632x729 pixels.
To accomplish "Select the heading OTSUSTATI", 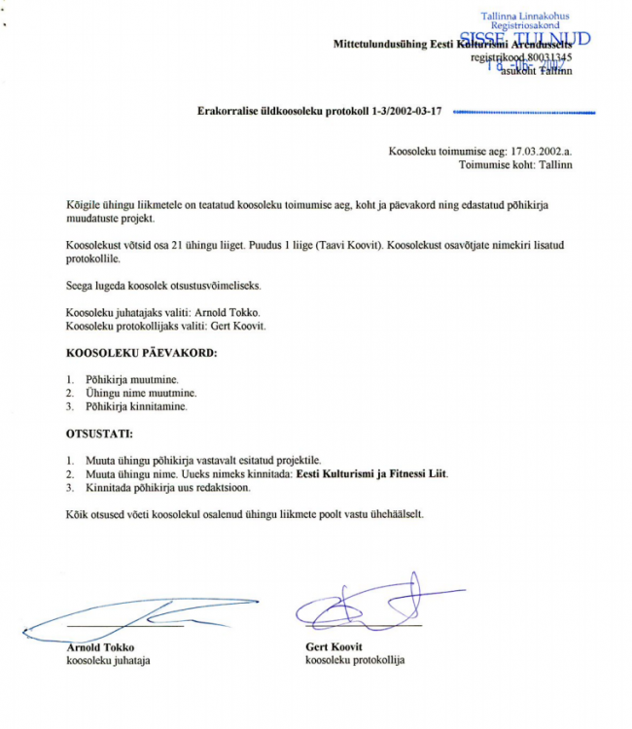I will [99, 434].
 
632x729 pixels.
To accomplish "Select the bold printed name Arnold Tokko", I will [100, 647].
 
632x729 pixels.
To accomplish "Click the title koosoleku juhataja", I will [108, 661].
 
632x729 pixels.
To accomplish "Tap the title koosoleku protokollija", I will [355, 661].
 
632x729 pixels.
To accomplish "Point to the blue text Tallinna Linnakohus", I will [525, 17].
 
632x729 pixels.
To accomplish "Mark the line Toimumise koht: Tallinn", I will [515, 165].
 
